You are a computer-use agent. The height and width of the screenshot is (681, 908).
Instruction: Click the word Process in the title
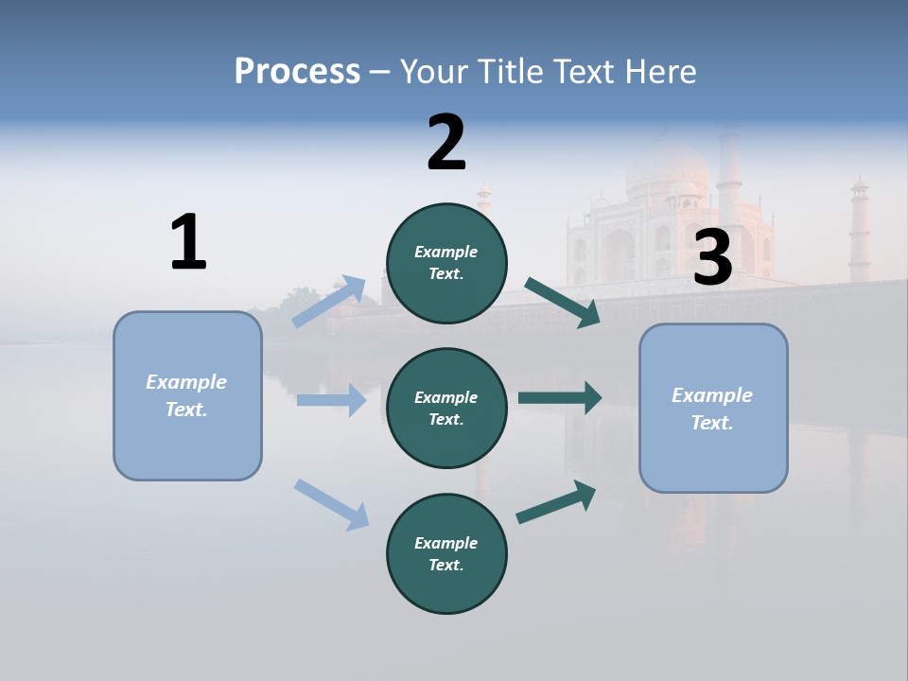pos(297,72)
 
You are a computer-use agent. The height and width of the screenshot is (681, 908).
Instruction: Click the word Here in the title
pos(660,72)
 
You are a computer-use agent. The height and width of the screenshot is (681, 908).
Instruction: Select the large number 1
pos(188,242)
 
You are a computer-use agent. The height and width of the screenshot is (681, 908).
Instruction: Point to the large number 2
pos(446,143)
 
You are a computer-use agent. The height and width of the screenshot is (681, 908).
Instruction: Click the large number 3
pos(712,259)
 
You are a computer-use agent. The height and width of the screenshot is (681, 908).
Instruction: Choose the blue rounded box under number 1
pos(187,395)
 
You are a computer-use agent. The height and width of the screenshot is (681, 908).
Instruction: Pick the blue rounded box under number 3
pos(713,408)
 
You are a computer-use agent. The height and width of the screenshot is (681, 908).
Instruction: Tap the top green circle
pos(446,263)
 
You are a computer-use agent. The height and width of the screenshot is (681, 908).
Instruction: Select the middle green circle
pos(446,408)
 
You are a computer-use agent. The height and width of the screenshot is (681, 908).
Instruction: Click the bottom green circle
pos(446,553)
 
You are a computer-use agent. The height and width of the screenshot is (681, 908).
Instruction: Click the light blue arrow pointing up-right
pos(329,301)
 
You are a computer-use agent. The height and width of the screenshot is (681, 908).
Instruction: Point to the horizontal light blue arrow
pos(331,400)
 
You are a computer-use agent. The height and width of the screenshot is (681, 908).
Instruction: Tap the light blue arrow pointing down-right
pos(331,503)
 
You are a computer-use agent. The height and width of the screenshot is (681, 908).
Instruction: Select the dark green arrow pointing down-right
pos(563,302)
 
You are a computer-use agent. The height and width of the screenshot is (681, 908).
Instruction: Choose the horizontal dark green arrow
pos(560,398)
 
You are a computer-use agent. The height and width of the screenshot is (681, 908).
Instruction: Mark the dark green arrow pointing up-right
pos(557,501)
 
